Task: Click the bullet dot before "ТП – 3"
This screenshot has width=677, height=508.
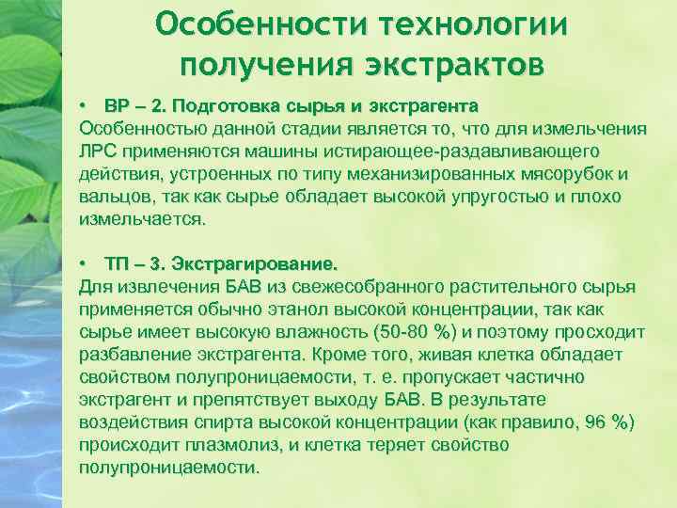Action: click(84, 263)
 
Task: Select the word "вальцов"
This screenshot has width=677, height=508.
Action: click(115, 196)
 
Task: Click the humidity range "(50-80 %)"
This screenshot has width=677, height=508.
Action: click(416, 331)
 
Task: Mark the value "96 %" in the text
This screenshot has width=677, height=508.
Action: click(605, 421)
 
